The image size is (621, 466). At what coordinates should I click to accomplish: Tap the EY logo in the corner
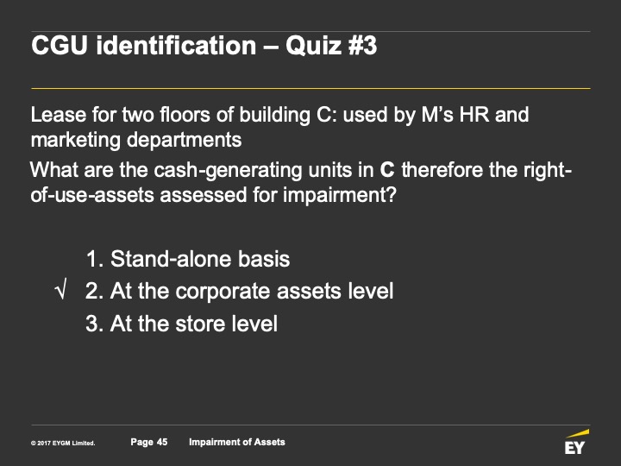coord(576,442)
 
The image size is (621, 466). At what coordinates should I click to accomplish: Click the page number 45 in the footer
coord(162,442)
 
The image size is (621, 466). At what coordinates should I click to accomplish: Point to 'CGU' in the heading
coord(60,45)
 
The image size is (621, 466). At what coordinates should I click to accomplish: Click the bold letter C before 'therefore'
coord(387,170)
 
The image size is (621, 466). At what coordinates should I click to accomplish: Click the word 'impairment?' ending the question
coord(340,195)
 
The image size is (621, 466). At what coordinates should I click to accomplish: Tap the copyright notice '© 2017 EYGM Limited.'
coord(63,443)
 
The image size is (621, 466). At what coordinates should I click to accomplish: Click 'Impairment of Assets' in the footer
coord(237,442)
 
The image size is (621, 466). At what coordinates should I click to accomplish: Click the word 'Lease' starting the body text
coord(58,115)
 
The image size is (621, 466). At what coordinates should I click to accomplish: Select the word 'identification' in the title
coord(176,45)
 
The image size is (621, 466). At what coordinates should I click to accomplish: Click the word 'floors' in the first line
coord(185,115)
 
